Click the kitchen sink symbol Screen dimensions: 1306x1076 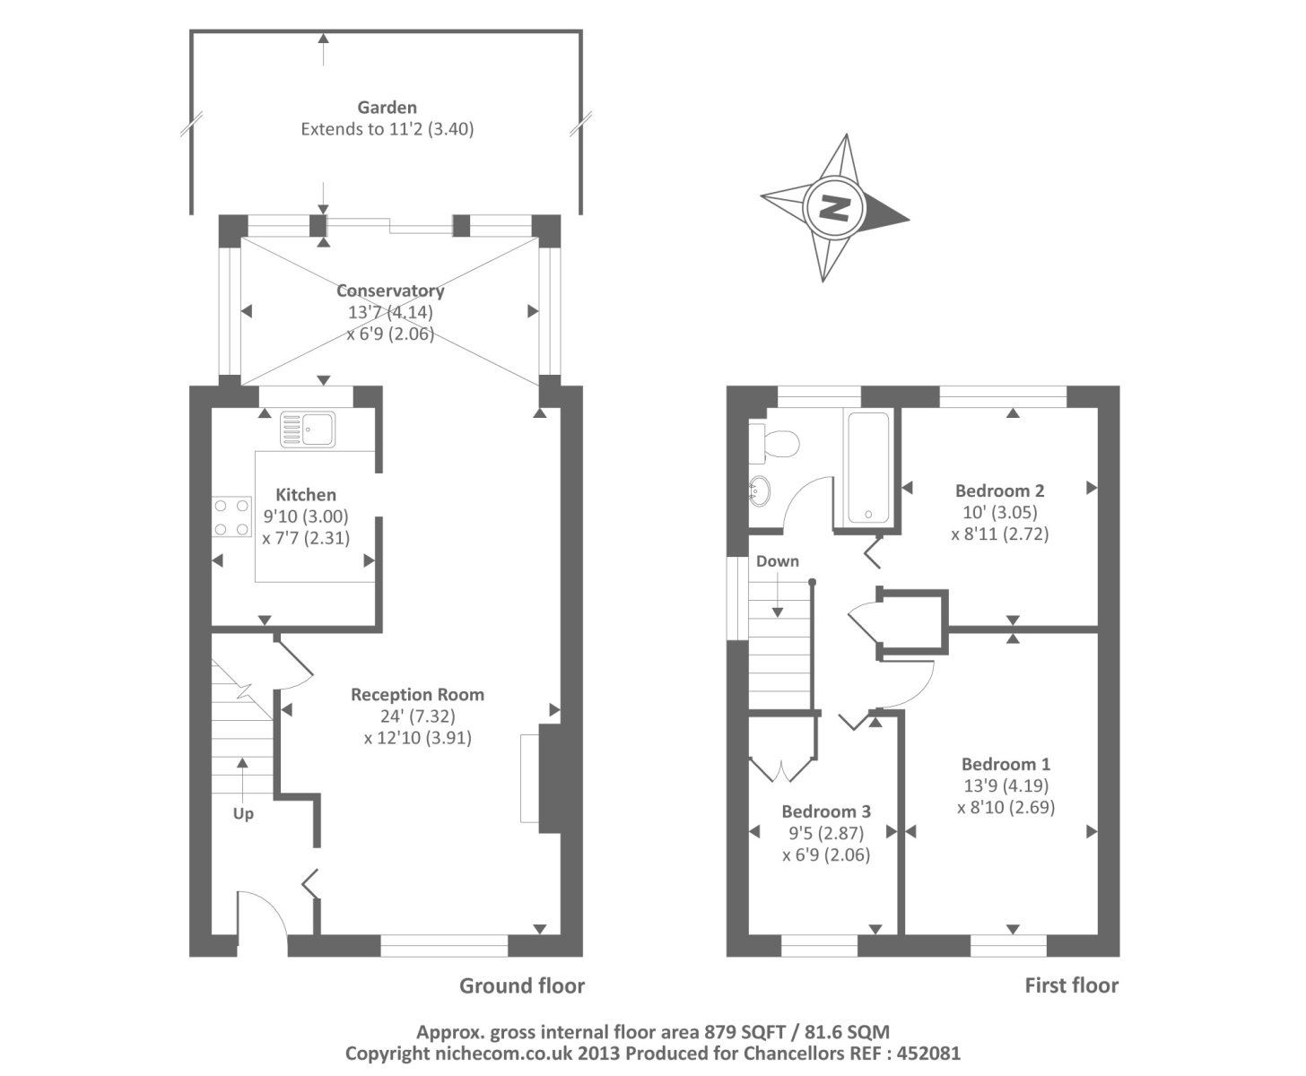tap(308, 429)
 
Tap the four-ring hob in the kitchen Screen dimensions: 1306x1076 tap(231, 517)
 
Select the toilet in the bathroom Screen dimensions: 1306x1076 tap(774, 443)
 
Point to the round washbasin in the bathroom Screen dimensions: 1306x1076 tap(760, 491)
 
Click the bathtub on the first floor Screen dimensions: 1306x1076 tap(868, 467)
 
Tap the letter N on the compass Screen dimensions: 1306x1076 tap(835, 207)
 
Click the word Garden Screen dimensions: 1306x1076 tap(387, 108)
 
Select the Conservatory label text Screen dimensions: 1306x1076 tap(390, 291)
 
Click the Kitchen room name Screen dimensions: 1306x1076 tap(306, 495)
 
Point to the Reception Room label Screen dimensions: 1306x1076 tap(418, 695)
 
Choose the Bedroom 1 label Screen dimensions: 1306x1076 tap(1006, 764)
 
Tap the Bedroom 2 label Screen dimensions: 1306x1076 tap(999, 490)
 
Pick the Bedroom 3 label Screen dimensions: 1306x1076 tap(826, 811)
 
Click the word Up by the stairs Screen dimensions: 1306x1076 tap(243, 814)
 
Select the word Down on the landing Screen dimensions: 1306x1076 tap(778, 560)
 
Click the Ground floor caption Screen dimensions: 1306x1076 tap(522, 985)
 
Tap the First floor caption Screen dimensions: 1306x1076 tap(1072, 985)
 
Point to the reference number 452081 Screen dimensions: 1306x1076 tap(929, 1054)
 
